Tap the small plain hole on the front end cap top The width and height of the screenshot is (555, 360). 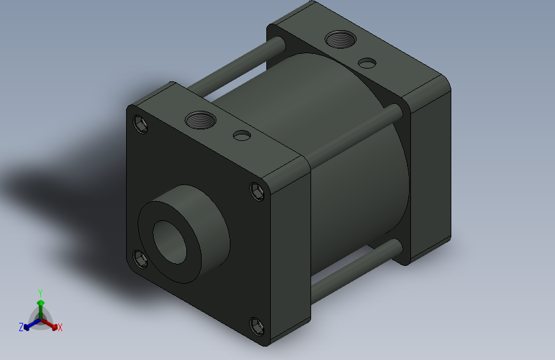pos(241,136)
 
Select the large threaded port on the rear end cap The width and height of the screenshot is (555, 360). pos(337,40)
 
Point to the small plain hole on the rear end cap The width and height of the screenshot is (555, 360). pos(367,63)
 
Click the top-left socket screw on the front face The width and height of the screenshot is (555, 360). pos(141,124)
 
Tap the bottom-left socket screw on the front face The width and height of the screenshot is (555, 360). pos(141,259)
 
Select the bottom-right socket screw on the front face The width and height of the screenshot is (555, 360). pos(257,326)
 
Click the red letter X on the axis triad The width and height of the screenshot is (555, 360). pos(60,327)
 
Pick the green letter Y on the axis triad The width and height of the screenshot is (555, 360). pos(40,292)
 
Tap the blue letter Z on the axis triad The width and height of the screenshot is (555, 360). pos(20,327)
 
